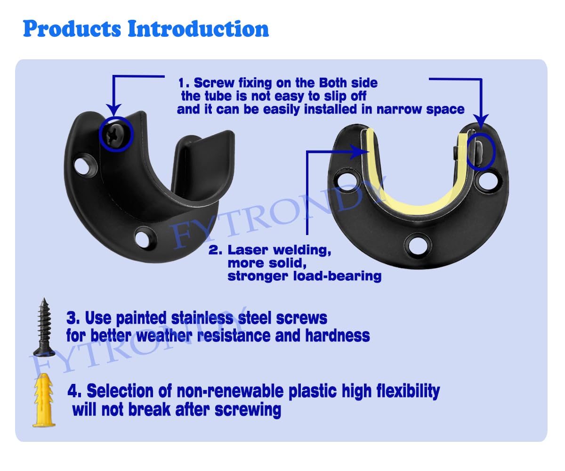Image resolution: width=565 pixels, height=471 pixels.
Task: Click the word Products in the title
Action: [72, 29]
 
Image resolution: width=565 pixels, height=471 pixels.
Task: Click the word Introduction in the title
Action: [198, 28]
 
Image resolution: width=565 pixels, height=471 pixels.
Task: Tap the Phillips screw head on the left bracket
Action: [115, 134]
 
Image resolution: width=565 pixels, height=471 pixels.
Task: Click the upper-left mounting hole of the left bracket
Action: [82, 166]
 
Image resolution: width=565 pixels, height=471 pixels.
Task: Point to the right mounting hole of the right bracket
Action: [488, 180]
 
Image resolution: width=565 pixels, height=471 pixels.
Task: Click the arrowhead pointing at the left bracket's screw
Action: [114, 110]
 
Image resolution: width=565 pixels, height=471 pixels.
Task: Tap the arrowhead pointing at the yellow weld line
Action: [361, 152]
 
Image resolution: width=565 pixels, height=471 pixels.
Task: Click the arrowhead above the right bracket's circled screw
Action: [481, 121]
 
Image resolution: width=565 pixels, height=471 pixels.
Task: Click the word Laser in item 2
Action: [249, 250]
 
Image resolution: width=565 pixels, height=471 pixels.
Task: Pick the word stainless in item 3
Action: [202, 318]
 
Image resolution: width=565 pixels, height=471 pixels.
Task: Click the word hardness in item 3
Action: [337, 335]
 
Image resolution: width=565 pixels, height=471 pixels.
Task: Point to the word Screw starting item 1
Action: [214, 83]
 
